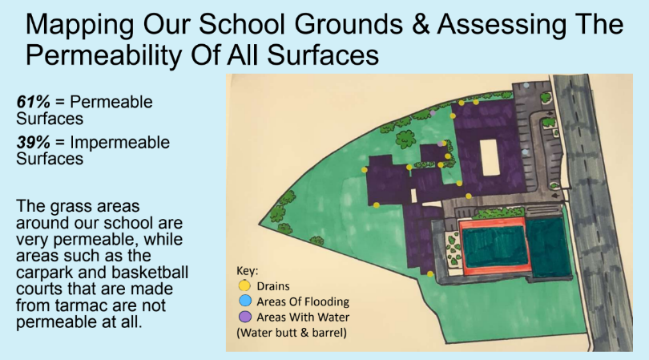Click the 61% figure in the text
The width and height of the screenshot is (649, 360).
tap(34, 102)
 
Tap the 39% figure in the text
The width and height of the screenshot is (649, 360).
tap(34, 142)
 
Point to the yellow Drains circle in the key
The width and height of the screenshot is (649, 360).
tap(244, 285)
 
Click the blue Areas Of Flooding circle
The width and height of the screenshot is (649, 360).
tap(245, 301)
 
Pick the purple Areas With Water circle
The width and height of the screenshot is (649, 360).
tap(245, 317)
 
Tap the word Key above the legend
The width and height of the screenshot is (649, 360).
tap(247, 271)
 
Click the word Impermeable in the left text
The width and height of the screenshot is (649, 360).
tap(120, 143)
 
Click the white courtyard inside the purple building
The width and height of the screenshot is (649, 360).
tap(489, 157)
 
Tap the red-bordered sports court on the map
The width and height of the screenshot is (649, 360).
tap(494, 246)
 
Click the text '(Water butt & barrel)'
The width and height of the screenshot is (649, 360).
tap(292, 333)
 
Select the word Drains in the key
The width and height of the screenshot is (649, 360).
tap(273, 286)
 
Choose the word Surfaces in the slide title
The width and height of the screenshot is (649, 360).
tap(323, 55)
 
